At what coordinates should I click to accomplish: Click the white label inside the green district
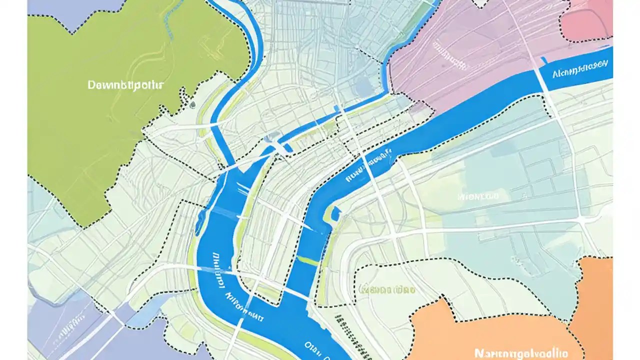click(125, 85)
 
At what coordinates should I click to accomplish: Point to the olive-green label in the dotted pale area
click(387, 289)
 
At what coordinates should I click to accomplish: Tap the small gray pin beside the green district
click(192, 105)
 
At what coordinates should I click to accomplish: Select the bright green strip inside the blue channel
click(307, 260)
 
